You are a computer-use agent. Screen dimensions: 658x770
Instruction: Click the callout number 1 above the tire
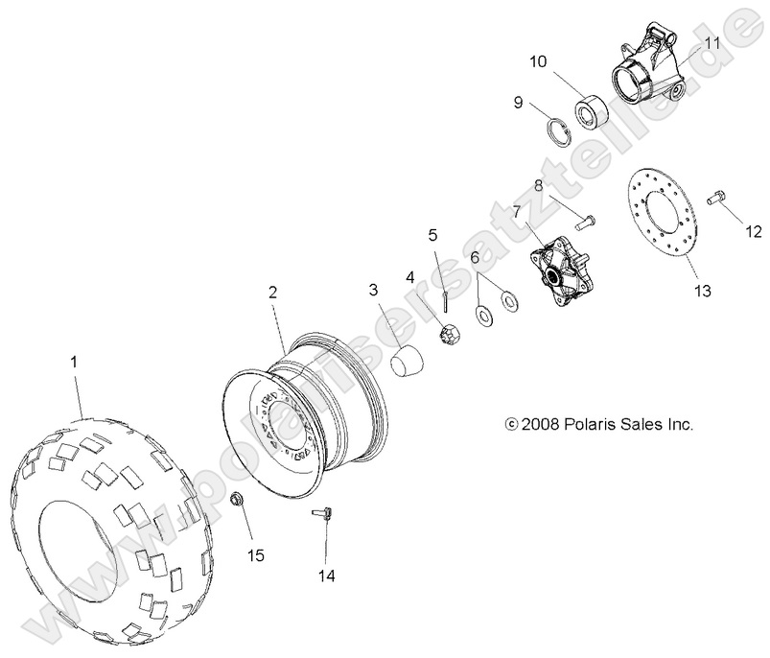(x=75, y=362)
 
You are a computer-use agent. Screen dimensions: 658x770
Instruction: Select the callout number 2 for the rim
(x=273, y=294)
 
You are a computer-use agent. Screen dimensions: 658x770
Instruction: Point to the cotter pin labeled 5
(x=448, y=300)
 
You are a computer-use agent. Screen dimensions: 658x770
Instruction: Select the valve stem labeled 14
(x=325, y=515)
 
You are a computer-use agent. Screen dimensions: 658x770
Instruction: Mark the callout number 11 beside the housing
(x=712, y=43)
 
